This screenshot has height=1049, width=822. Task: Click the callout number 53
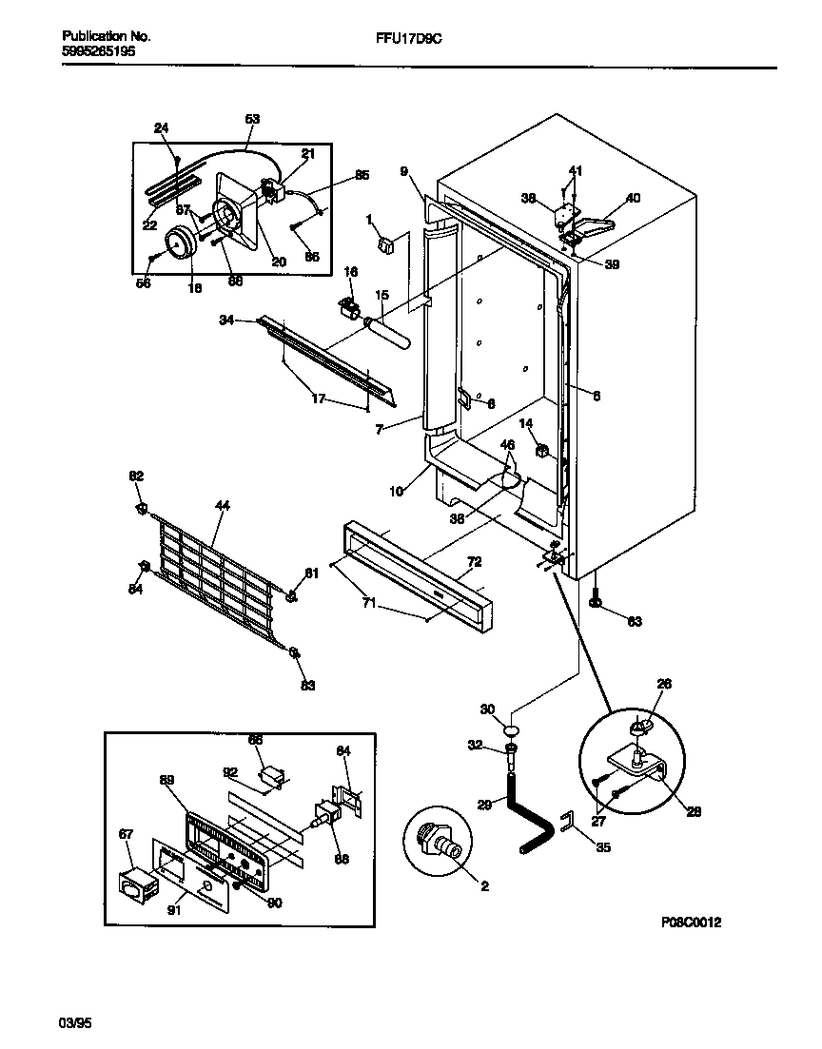[x=252, y=119]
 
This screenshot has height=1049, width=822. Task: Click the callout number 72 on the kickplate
[x=475, y=562]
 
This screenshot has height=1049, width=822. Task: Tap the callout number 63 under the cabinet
[x=635, y=621]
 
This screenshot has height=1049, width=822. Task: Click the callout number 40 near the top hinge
[x=633, y=199]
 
